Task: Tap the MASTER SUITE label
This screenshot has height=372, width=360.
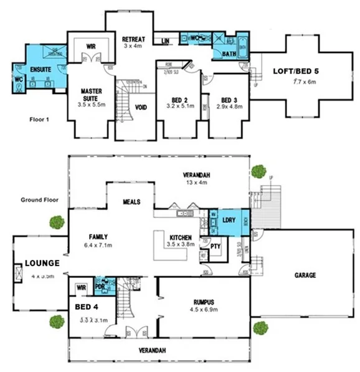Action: coord(91,95)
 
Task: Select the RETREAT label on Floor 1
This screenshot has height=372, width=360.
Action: coord(133,39)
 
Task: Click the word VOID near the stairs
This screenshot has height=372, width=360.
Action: coord(141,107)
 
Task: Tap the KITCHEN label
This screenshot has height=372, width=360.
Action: coord(181,237)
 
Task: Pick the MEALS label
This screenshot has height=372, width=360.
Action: coord(131,202)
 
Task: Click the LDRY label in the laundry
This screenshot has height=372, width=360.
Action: coord(228,219)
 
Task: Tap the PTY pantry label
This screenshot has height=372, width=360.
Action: coord(216,247)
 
